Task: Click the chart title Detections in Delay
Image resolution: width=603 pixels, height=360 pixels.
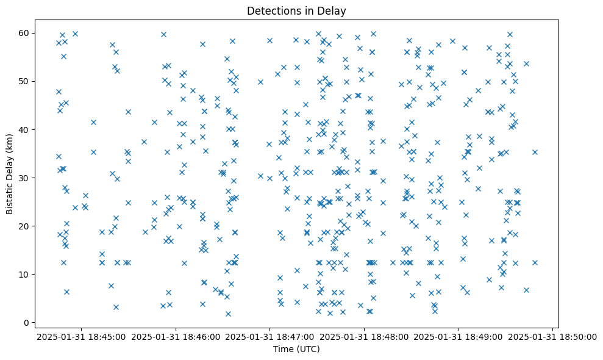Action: pos(296,11)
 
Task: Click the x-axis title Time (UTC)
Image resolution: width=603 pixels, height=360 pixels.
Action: pos(296,349)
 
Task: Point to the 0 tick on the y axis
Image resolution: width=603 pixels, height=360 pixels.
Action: pos(27,323)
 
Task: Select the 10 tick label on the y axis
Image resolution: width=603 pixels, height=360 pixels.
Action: pos(25,275)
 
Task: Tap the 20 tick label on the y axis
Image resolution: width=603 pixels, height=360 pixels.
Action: pos(25,226)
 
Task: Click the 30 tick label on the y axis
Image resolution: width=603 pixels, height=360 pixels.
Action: pos(25,178)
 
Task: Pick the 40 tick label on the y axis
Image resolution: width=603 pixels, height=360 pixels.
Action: pos(25,130)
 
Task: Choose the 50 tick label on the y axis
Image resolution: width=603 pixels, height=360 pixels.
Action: pos(25,82)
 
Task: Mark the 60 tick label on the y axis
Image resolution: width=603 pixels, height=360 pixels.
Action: pos(25,33)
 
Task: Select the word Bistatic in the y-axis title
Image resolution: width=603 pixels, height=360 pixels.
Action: pos(10,193)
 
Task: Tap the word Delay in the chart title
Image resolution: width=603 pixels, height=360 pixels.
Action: pos(333,11)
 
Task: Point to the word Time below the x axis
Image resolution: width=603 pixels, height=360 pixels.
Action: pos(284,349)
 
